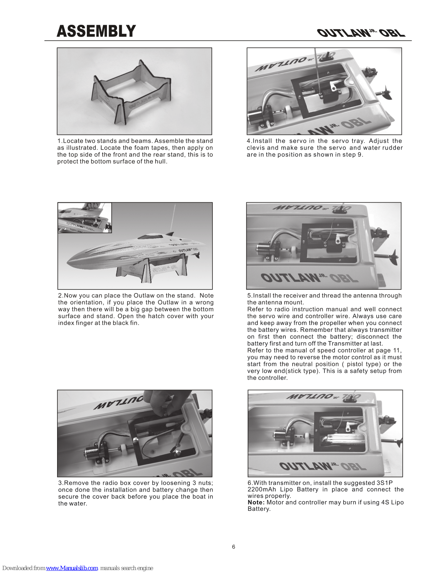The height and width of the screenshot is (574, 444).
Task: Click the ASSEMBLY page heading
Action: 96,31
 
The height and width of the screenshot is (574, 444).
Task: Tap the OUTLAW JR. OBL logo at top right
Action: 361,33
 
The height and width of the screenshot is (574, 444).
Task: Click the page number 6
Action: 234,547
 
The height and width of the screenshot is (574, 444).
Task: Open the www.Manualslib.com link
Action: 72,568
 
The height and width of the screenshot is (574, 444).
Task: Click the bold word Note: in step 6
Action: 256,502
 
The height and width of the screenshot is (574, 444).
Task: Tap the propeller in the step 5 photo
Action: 393,257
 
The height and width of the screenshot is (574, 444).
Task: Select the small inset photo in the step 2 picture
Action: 85,218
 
